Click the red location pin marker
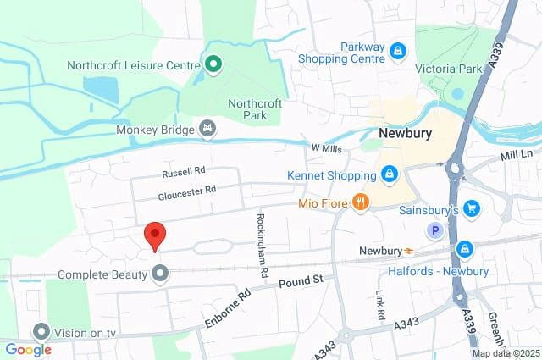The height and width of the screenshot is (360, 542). [x=153, y=235]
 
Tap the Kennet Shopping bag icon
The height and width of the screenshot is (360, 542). [x=389, y=174]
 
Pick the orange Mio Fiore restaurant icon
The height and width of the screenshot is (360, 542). [x=361, y=202]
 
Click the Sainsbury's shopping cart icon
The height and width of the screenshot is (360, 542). [x=473, y=208]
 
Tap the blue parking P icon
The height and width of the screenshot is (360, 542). [x=436, y=230]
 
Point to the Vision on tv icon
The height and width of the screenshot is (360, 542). [x=41, y=332]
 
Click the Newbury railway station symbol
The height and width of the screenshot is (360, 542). [x=408, y=251]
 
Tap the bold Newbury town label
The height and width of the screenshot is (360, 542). [x=404, y=134]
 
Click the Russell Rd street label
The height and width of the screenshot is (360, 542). [x=184, y=171]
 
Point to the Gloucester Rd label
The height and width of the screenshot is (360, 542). [x=187, y=194]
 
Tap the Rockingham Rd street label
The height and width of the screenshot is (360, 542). [x=262, y=244]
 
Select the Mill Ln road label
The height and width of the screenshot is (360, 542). [x=515, y=155]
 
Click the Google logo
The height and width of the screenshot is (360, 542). [x=28, y=349]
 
